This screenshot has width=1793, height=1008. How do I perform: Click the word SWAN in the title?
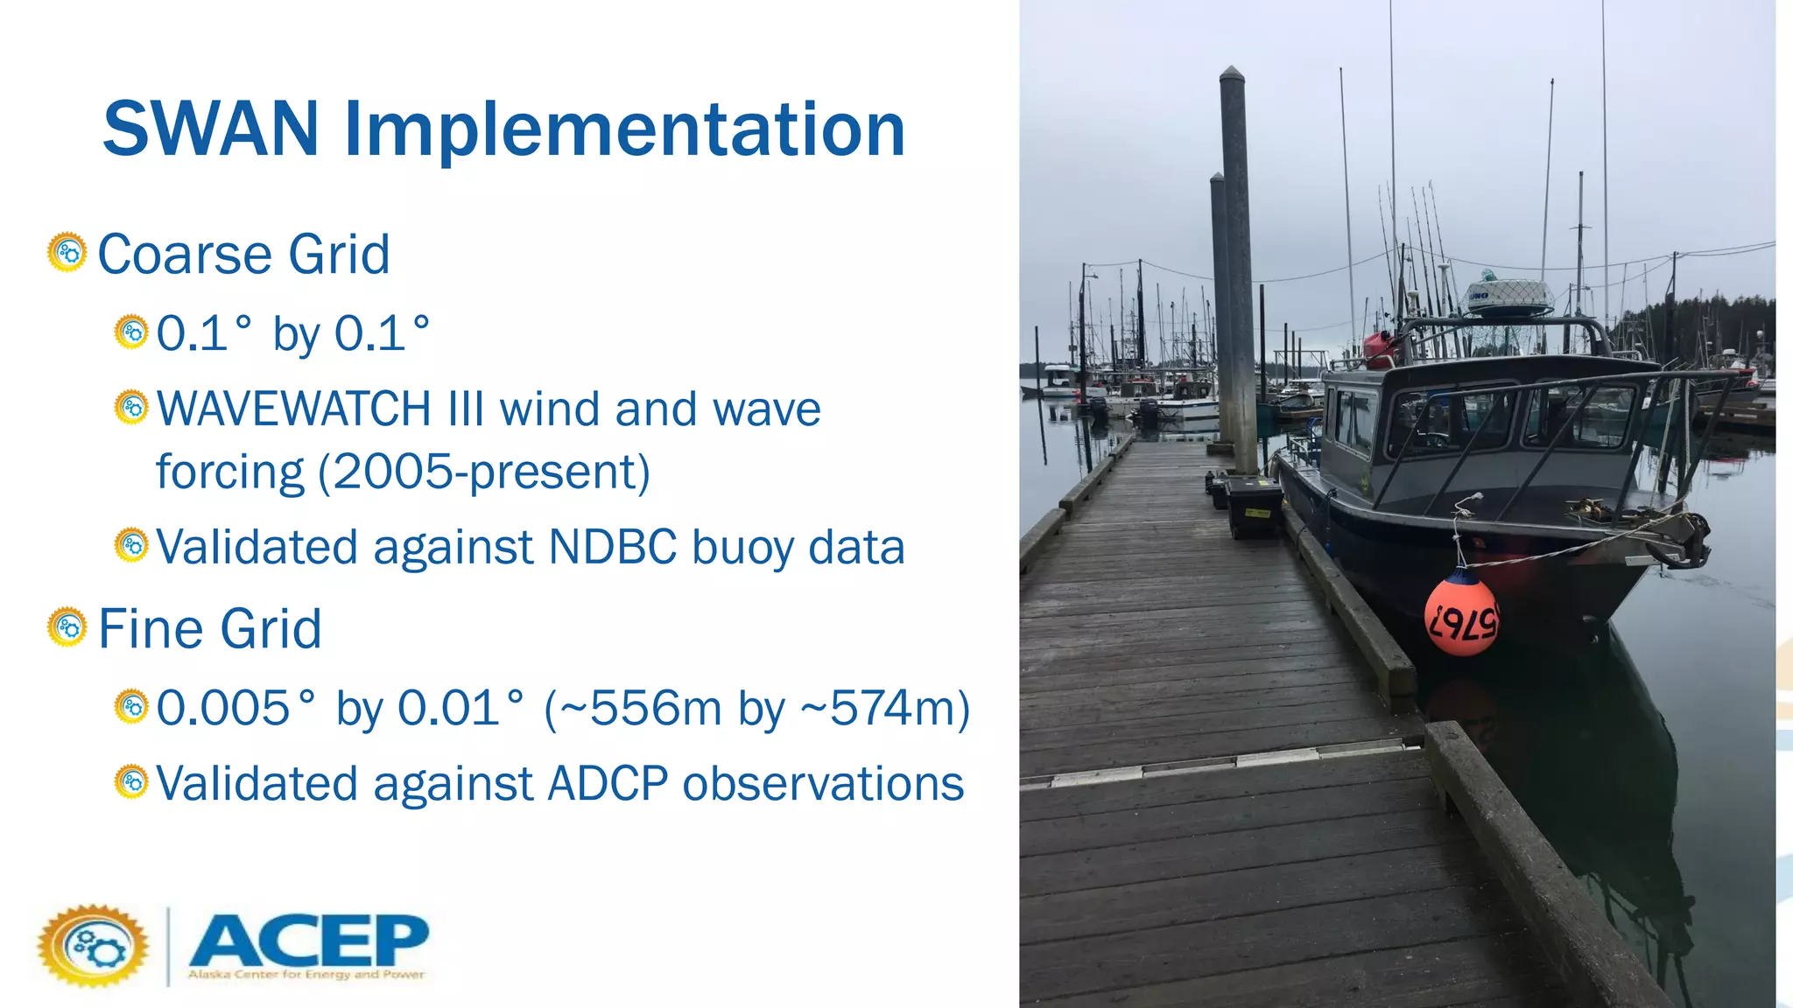(210, 129)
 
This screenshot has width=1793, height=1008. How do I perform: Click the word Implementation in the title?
(625, 129)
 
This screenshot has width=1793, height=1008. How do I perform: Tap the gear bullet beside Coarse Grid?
(67, 253)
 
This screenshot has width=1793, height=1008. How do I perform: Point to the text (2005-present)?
(484, 472)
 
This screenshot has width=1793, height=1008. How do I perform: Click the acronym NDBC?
(612, 547)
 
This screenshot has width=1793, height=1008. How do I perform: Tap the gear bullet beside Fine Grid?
(67, 627)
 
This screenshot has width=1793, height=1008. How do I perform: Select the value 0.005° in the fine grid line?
(235, 708)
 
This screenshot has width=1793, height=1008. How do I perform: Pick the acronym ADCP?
(608, 783)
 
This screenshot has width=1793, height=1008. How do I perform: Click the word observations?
(823, 783)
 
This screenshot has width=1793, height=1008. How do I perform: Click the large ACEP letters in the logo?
(308, 941)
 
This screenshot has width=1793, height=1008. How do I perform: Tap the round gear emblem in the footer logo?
(94, 946)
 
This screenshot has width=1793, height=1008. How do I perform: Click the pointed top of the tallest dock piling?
(1232, 72)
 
